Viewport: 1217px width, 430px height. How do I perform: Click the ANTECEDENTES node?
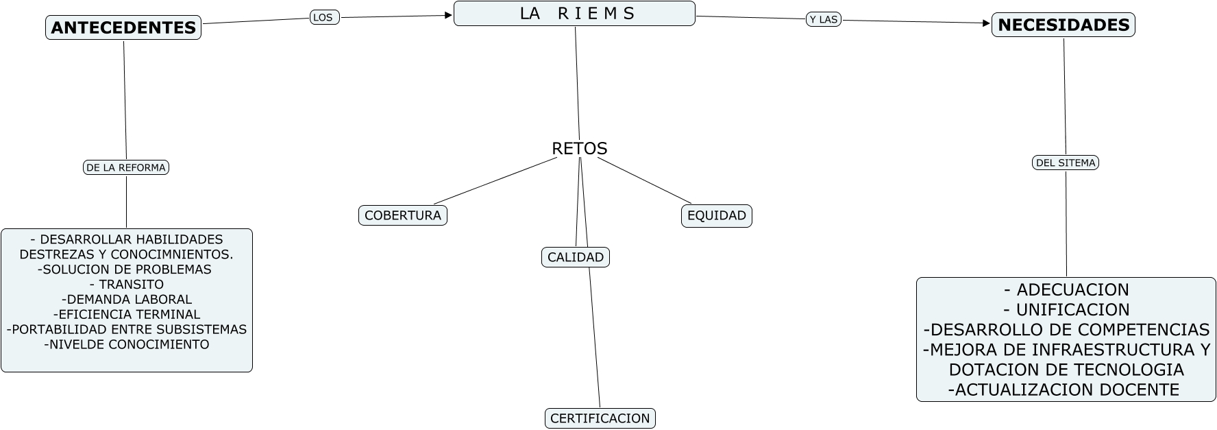pyautogui.click(x=123, y=27)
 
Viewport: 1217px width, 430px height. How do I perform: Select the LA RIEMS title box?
pyautogui.click(x=574, y=14)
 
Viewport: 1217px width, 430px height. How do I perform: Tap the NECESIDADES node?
pyautogui.click(x=1064, y=25)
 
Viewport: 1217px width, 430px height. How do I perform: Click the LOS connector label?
pyautogui.click(x=325, y=17)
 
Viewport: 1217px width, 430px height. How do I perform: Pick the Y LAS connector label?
pyautogui.click(x=824, y=19)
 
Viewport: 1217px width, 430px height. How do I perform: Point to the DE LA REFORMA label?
pyautogui.click(x=126, y=167)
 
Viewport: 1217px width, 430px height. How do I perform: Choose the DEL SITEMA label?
pyautogui.click(x=1066, y=163)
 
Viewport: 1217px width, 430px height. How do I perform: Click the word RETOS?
pyautogui.click(x=580, y=148)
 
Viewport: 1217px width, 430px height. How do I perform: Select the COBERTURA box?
pyautogui.click(x=403, y=215)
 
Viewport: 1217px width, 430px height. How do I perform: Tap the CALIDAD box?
pyautogui.click(x=576, y=257)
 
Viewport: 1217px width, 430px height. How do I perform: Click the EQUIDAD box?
pyautogui.click(x=717, y=215)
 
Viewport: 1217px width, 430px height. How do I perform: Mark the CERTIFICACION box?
pyautogui.click(x=600, y=418)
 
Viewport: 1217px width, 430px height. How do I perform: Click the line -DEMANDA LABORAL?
pyautogui.click(x=127, y=299)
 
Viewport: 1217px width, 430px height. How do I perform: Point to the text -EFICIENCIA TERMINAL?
pyautogui.click(x=127, y=314)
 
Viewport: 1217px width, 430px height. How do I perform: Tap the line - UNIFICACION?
pyautogui.click(x=1066, y=310)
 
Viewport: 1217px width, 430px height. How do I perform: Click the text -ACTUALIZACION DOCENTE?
pyautogui.click(x=1064, y=390)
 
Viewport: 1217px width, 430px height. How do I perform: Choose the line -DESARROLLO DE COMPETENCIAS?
pyautogui.click(x=1066, y=330)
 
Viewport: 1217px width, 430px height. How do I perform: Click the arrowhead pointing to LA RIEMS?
pyautogui.click(x=449, y=15)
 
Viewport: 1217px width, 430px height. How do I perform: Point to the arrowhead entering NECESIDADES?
pyautogui.click(x=987, y=23)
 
